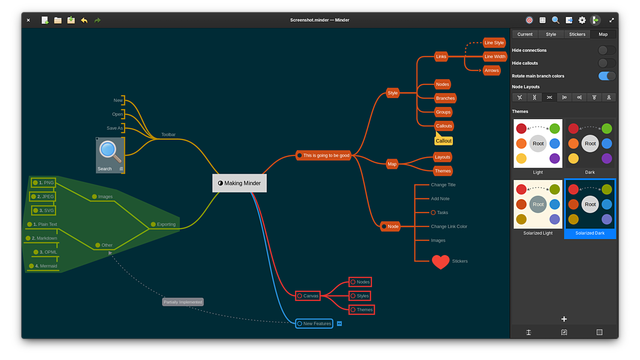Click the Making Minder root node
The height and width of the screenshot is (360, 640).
click(x=240, y=183)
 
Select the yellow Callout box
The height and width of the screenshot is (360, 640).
click(x=443, y=141)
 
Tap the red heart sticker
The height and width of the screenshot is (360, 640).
click(x=440, y=262)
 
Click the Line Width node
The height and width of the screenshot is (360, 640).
click(x=494, y=57)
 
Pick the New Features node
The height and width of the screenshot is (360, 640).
click(x=314, y=323)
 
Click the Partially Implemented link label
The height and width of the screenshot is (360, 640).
click(x=183, y=302)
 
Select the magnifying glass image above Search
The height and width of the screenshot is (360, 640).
click(x=110, y=152)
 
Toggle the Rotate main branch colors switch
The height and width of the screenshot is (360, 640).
click(x=606, y=76)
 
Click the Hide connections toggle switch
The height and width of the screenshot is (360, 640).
click(x=606, y=50)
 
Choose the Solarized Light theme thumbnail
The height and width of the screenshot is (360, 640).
click(x=538, y=205)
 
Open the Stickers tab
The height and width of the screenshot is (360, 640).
click(x=577, y=34)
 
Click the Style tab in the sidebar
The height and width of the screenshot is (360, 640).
click(x=551, y=34)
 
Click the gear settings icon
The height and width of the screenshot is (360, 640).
click(x=582, y=20)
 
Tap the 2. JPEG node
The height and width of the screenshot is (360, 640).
click(x=43, y=197)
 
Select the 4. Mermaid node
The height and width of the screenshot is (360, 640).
click(x=44, y=266)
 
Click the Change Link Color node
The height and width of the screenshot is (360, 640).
click(x=449, y=226)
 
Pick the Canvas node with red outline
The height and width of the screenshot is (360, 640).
click(x=308, y=296)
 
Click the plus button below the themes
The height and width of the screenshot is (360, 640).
click(x=564, y=319)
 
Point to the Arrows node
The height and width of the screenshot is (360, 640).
click(x=491, y=71)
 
